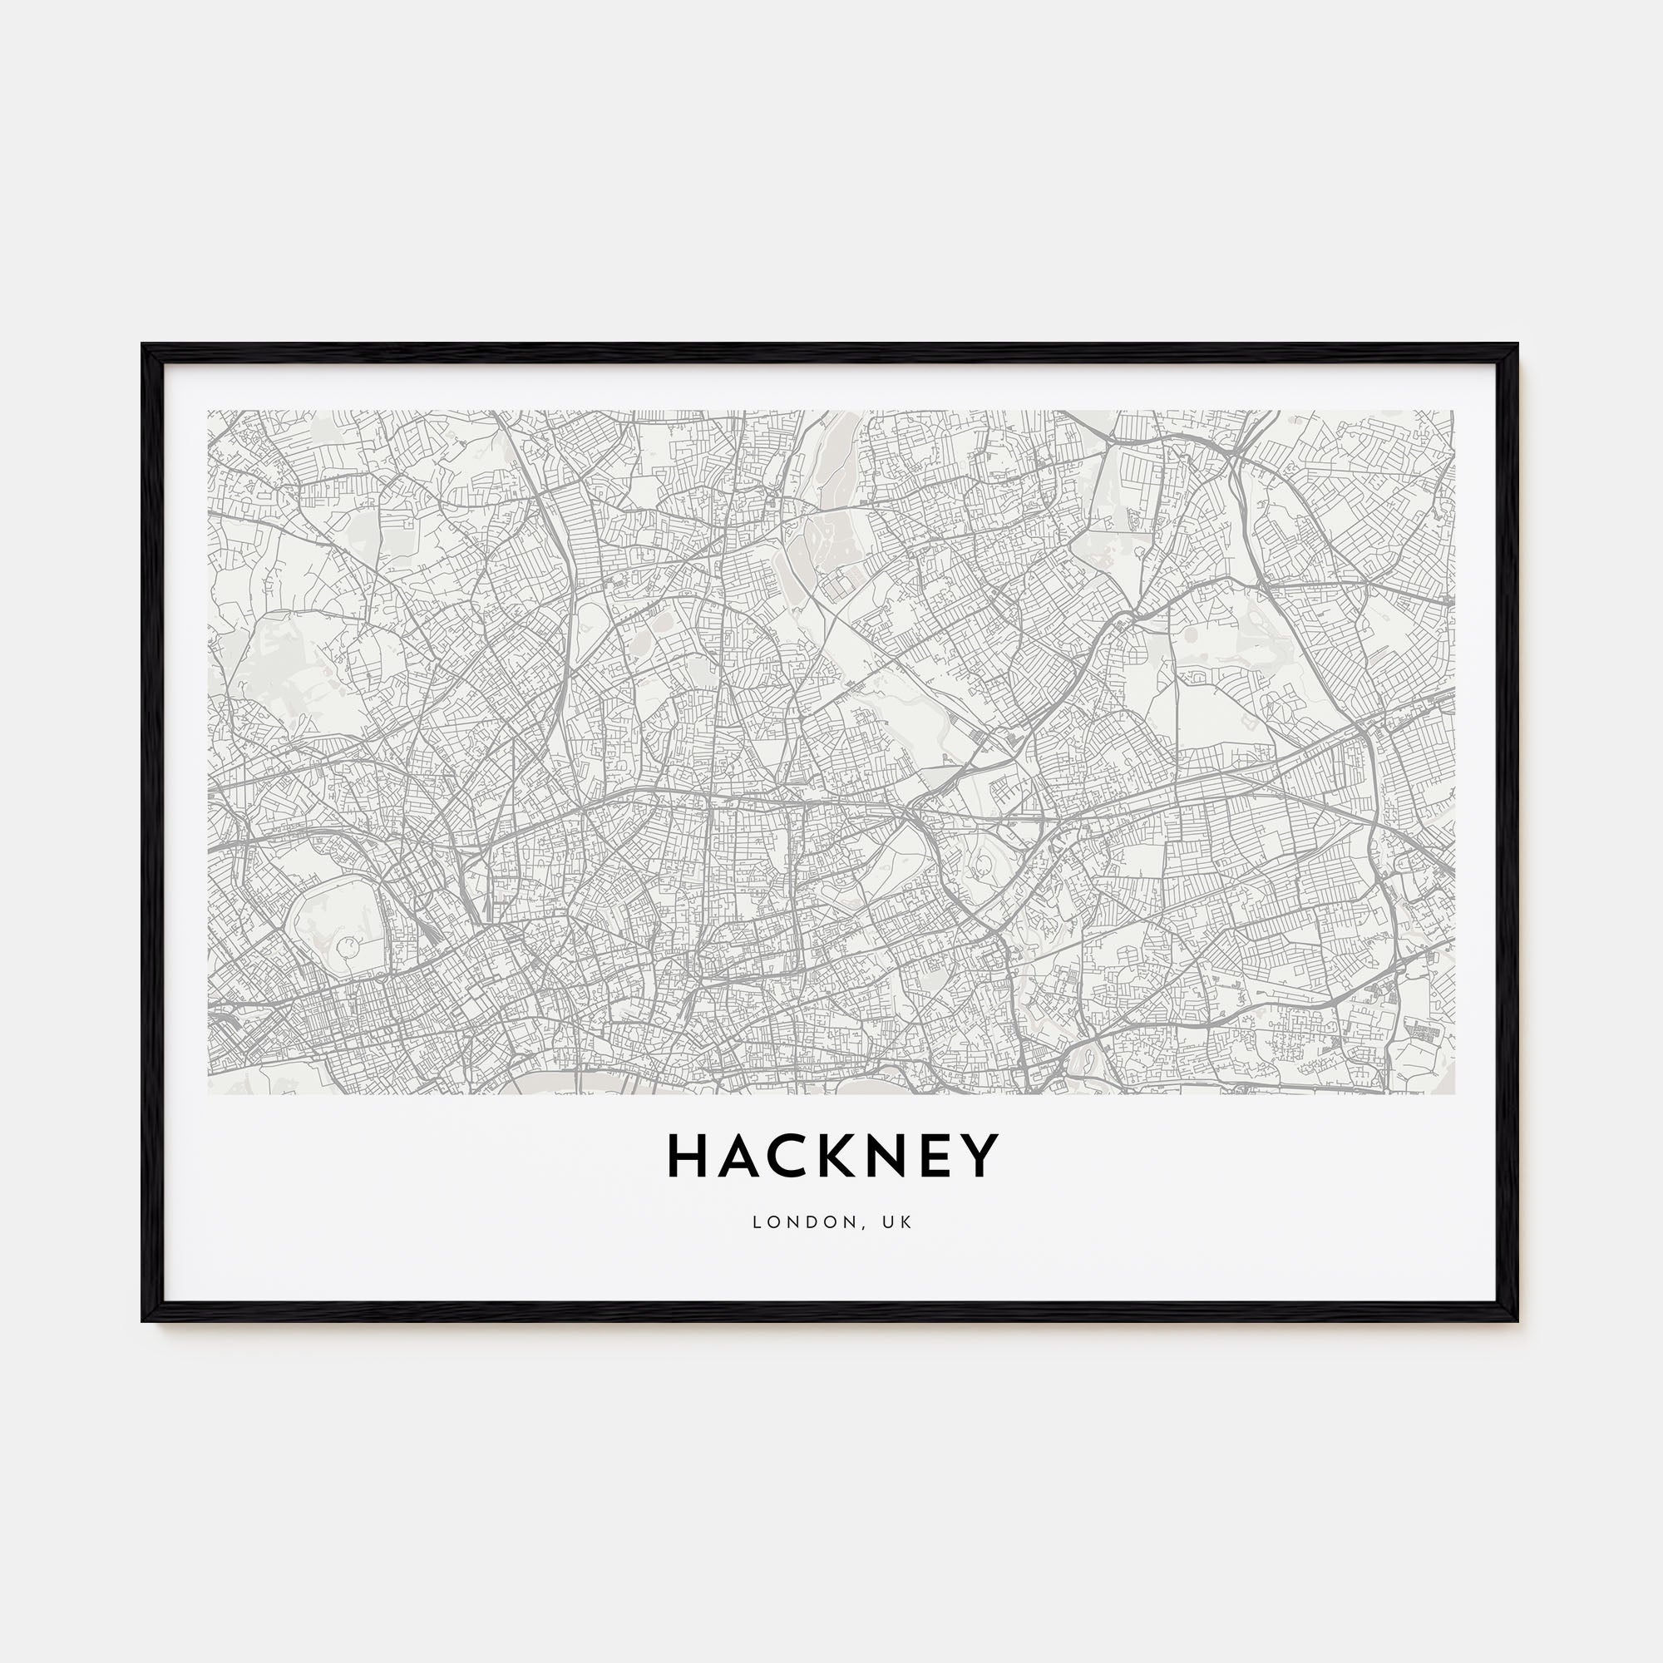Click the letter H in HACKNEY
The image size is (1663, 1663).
click(x=685, y=1156)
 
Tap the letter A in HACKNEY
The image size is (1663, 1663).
click(x=736, y=1156)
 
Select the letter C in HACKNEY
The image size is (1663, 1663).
click(x=785, y=1156)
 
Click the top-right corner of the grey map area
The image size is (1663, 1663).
click(x=1453, y=412)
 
